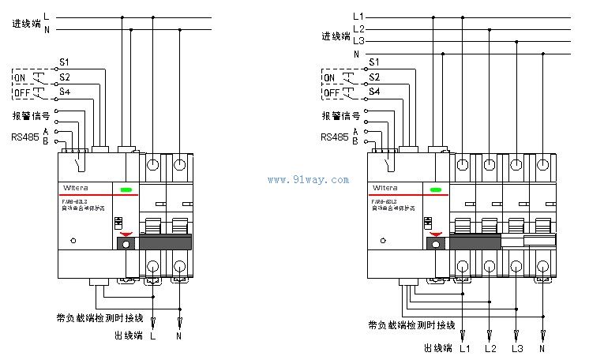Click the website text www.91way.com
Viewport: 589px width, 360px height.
tap(308, 180)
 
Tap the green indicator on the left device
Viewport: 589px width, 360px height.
tap(126, 189)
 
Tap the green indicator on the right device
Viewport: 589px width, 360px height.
tap(435, 189)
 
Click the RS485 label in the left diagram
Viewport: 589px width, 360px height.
tap(24, 137)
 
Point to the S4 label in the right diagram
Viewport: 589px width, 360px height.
tap(374, 92)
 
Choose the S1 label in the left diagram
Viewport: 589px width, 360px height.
tap(65, 62)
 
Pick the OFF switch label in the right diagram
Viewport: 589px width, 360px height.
tap(332, 92)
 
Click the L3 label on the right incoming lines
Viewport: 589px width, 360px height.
tap(358, 40)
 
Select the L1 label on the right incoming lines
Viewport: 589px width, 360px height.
tap(358, 16)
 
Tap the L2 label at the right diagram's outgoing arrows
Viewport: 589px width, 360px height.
tap(490, 348)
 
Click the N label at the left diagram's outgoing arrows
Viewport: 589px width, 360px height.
tap(181, 336)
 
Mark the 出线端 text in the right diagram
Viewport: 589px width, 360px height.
tap(437, 348)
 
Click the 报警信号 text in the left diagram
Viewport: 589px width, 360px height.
tap(32, 115)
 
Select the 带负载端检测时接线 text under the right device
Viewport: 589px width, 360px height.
tap(411, 325)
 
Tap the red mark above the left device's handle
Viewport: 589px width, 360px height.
tap(126, 233)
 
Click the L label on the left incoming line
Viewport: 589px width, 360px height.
tap(47, 16)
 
